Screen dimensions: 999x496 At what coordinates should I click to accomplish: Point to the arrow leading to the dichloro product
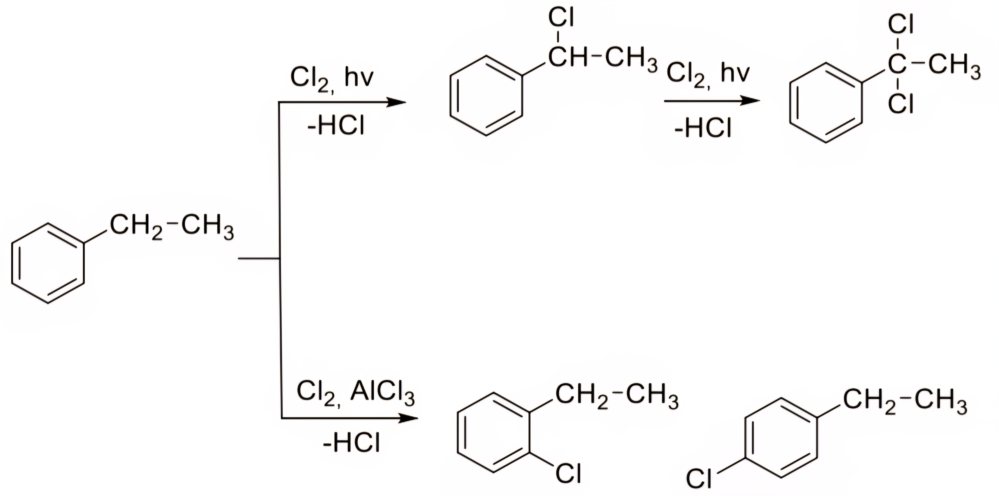712,101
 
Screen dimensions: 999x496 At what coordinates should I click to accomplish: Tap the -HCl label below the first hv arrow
336,125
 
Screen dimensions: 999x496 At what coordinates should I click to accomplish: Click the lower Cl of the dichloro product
901,104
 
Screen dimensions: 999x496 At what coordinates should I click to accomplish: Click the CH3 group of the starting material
208,226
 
